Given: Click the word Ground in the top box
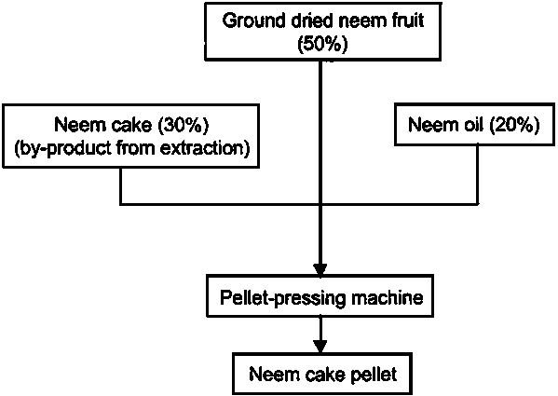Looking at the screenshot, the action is pos(253,20).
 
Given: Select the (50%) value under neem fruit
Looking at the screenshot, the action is pos(322,45).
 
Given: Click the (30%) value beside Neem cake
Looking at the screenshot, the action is pos(184,125).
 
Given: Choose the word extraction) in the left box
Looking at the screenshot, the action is pos(205,147).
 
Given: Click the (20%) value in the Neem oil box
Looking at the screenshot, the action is pos(514,125).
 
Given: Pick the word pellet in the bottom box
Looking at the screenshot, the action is pos(374,375).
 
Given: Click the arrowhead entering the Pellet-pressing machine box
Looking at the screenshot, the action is pos(320,269).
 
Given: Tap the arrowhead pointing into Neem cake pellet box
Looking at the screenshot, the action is pos(320,347).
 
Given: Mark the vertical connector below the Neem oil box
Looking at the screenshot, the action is pos(478,174).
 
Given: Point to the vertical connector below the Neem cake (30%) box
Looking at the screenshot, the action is pos(121,185).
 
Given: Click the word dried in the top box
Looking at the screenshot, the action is pos(307,20).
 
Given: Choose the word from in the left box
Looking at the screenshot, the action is pos(137,147).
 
